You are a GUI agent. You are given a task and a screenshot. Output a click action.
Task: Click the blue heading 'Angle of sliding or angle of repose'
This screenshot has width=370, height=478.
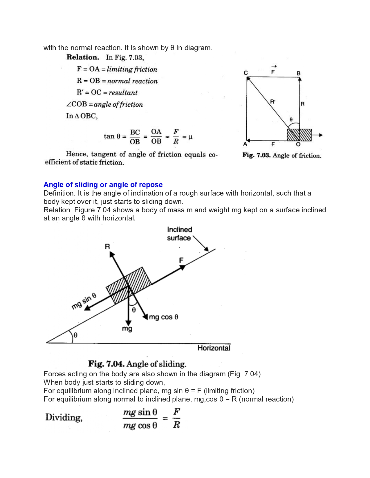pos(103,185)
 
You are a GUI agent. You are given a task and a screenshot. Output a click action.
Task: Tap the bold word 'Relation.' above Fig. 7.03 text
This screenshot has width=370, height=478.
pos(83,57)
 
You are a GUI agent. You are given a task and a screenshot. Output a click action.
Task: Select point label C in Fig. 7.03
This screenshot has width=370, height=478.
pos(246,73)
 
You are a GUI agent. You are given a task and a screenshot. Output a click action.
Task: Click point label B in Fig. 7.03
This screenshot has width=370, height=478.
pos(299,74)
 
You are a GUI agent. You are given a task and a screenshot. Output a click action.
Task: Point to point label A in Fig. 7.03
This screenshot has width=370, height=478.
pos(245,144)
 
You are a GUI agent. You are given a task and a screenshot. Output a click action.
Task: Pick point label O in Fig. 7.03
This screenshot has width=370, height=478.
pos(298,145)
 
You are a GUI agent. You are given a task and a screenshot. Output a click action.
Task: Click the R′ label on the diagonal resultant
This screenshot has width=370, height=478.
pos(273,102)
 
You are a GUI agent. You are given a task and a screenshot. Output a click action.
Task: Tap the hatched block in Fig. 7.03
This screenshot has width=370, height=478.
pos(299,135)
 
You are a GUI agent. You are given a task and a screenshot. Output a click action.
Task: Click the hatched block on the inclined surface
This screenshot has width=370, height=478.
pos(129,285)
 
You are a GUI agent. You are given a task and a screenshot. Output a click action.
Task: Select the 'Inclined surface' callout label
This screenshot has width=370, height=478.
pos(179,234)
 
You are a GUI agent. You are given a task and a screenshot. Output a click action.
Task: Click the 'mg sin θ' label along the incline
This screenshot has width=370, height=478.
pos(84,301)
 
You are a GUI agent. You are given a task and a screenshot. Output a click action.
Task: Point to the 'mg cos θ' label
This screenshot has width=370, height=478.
pos(164,317)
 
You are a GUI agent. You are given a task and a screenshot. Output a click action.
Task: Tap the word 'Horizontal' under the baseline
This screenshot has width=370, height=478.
pos(214,348)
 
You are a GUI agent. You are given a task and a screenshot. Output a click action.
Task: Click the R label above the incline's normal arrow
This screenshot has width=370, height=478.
pos(107,247)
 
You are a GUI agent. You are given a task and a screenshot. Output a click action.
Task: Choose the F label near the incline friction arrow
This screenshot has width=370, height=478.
pos(181,260)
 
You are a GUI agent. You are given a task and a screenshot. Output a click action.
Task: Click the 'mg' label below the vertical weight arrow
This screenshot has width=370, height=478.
pos(127,329)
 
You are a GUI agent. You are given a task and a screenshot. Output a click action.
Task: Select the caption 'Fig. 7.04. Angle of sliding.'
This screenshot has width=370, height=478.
pos(137,364)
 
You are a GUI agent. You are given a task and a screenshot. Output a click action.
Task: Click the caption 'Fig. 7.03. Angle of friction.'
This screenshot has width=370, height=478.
pos(282,156)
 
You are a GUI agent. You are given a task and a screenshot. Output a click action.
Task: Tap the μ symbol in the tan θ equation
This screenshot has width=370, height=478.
pos(190,137)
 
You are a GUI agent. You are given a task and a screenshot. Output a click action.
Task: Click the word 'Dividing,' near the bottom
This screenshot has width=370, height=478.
pos(64,417)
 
